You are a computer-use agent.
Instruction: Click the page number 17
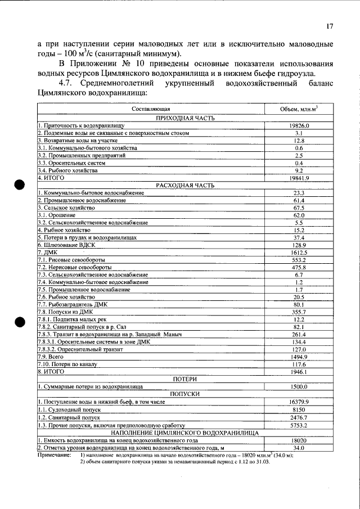pyautogui.click(x=330, y=26)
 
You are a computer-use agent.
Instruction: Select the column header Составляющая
pyautogui.click(x=151, y=109)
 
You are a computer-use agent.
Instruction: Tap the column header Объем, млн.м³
pyautogui.click(x=299, y=109)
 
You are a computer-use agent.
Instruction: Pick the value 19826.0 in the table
pyautogui.click(x=299, y=126)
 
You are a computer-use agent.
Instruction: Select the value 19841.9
pyautogui.click(x=299, y=178)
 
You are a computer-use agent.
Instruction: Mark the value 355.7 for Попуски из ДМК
pyautogui.click(x=299, y=312)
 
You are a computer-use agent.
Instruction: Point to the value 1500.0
pyautogui.click(x=299, y=387)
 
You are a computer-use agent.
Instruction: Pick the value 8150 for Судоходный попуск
pyautogui.click(x=299, y=410)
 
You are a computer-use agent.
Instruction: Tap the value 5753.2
pyautogui.click(x=299, y=425)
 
